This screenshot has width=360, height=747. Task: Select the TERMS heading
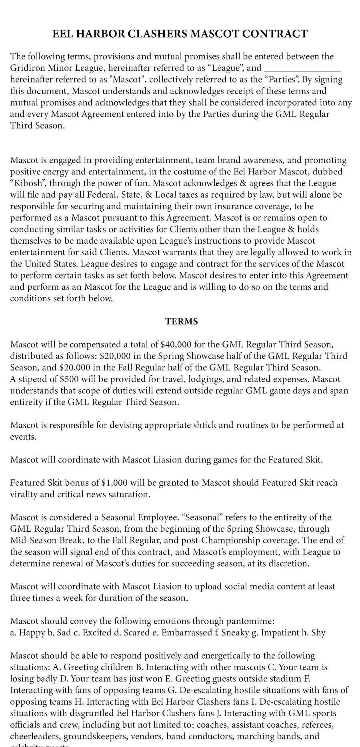click(182, 321)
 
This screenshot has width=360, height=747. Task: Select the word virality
click(25, 494)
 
